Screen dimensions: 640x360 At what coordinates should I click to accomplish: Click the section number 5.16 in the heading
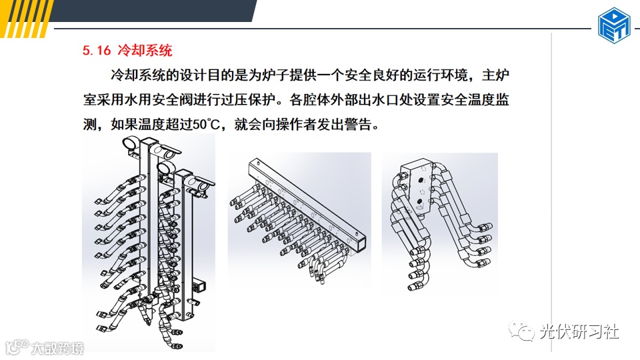[96, 50]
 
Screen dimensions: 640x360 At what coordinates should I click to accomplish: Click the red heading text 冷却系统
[145, 50]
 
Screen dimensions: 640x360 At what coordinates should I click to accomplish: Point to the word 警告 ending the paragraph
[359, 124]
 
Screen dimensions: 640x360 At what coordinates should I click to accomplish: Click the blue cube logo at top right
[614, 25]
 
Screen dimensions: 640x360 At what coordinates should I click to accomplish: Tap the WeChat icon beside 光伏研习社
[521, 331]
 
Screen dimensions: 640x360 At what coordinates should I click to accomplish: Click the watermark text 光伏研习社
[579, 331]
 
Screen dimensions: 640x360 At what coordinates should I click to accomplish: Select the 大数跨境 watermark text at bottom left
[57, 348]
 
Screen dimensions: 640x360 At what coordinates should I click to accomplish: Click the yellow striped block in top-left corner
[25, 19]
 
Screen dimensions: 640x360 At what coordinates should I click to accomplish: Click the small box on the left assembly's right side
[199, 285]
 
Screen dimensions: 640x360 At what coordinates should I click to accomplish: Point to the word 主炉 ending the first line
[495, 75]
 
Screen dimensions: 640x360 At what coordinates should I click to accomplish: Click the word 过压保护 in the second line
[248, 99]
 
